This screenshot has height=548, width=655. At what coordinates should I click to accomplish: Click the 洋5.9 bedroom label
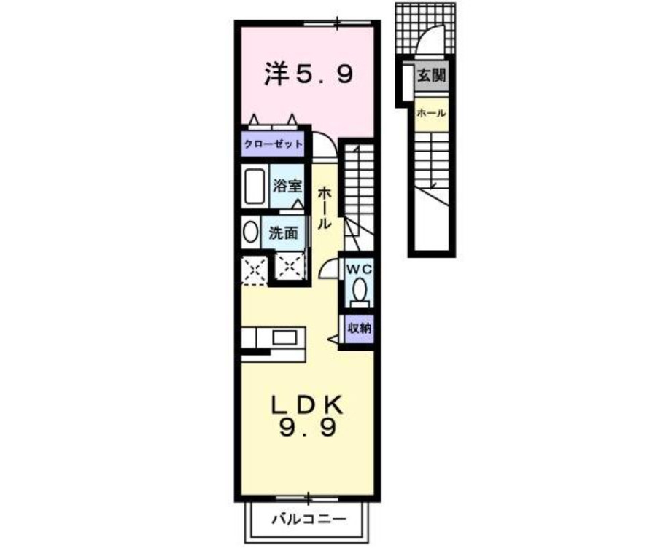[309, 73]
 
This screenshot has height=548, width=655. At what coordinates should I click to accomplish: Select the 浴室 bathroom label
[287, 185]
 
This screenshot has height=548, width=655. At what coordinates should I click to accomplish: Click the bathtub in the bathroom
[255, 187]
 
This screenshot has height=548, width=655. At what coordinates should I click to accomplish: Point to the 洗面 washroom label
[283, 233]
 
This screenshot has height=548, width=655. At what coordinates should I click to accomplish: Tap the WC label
[359, 269]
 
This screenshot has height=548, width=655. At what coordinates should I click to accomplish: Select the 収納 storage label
[359, 328]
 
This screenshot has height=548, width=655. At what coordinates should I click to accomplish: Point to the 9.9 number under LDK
[308, 428]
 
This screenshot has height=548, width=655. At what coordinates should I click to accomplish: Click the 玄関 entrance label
[431, 75]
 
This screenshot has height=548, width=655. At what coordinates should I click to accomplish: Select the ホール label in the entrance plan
[431, 114]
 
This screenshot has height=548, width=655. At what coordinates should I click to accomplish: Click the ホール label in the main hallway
[325, 208]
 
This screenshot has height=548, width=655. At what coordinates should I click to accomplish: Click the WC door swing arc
[328, 267]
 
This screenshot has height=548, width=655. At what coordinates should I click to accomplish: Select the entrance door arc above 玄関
[433, 40]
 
